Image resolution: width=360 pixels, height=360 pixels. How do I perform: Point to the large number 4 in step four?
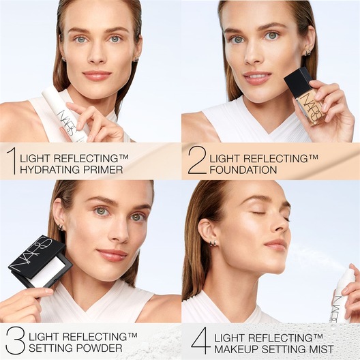pos(199,341)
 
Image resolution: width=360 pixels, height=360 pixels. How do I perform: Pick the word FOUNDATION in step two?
pos(243,169)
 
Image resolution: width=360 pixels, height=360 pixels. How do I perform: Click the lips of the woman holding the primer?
pos(96,76)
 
